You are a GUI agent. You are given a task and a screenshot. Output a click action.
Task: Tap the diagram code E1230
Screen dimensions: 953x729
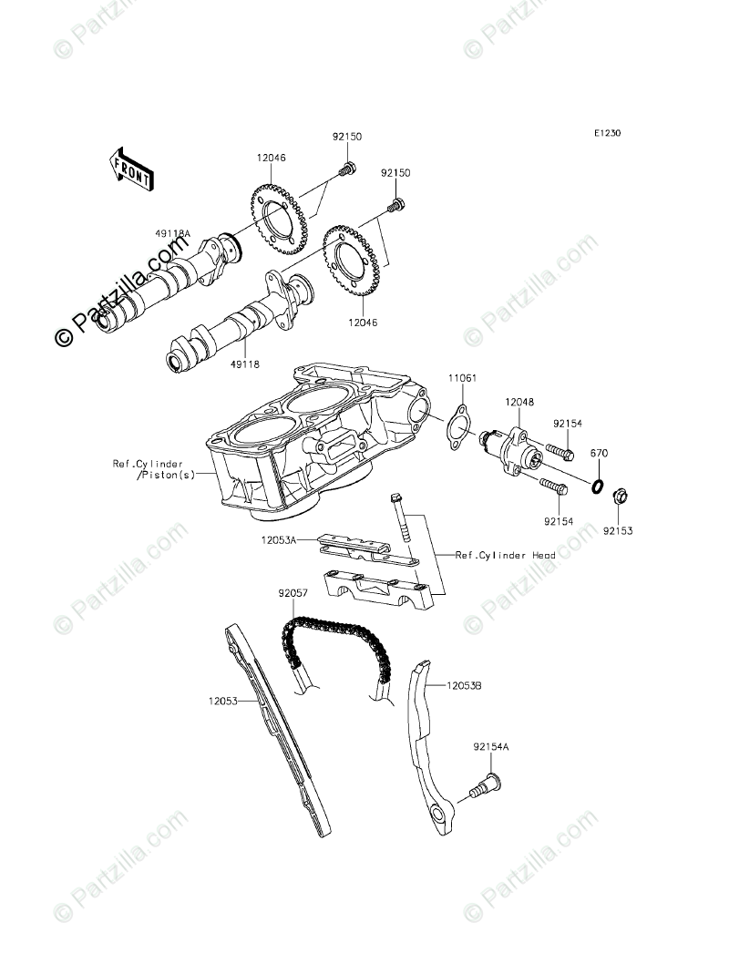(608, 134)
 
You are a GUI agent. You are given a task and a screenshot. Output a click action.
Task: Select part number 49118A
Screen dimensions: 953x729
(172, 234)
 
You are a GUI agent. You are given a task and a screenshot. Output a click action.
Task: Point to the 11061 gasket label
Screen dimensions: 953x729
(461, 378)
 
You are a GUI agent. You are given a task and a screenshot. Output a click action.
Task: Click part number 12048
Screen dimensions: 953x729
(519, 402)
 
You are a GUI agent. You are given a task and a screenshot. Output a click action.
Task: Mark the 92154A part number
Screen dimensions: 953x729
(490, 747)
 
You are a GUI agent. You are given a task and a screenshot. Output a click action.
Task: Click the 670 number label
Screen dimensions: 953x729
(598, 453)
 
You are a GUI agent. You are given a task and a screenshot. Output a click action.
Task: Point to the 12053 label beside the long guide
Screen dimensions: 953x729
(222, 702)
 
